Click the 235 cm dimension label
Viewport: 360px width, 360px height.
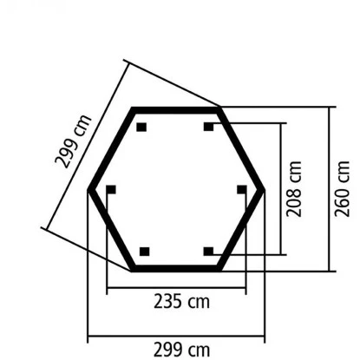point(181,301)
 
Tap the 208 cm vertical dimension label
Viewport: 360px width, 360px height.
point(294,189)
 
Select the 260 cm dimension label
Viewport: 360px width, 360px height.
point(343,189)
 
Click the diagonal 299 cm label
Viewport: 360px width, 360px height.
point(73,141)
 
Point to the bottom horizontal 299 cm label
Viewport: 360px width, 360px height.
point(181,350)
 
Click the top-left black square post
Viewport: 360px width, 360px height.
point(141,127)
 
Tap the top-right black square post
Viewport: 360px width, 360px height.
point(208,127)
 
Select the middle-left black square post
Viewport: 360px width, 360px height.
point(111,190)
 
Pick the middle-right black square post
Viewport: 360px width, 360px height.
point(242,190)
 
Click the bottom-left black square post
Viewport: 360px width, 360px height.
point(145,252)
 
